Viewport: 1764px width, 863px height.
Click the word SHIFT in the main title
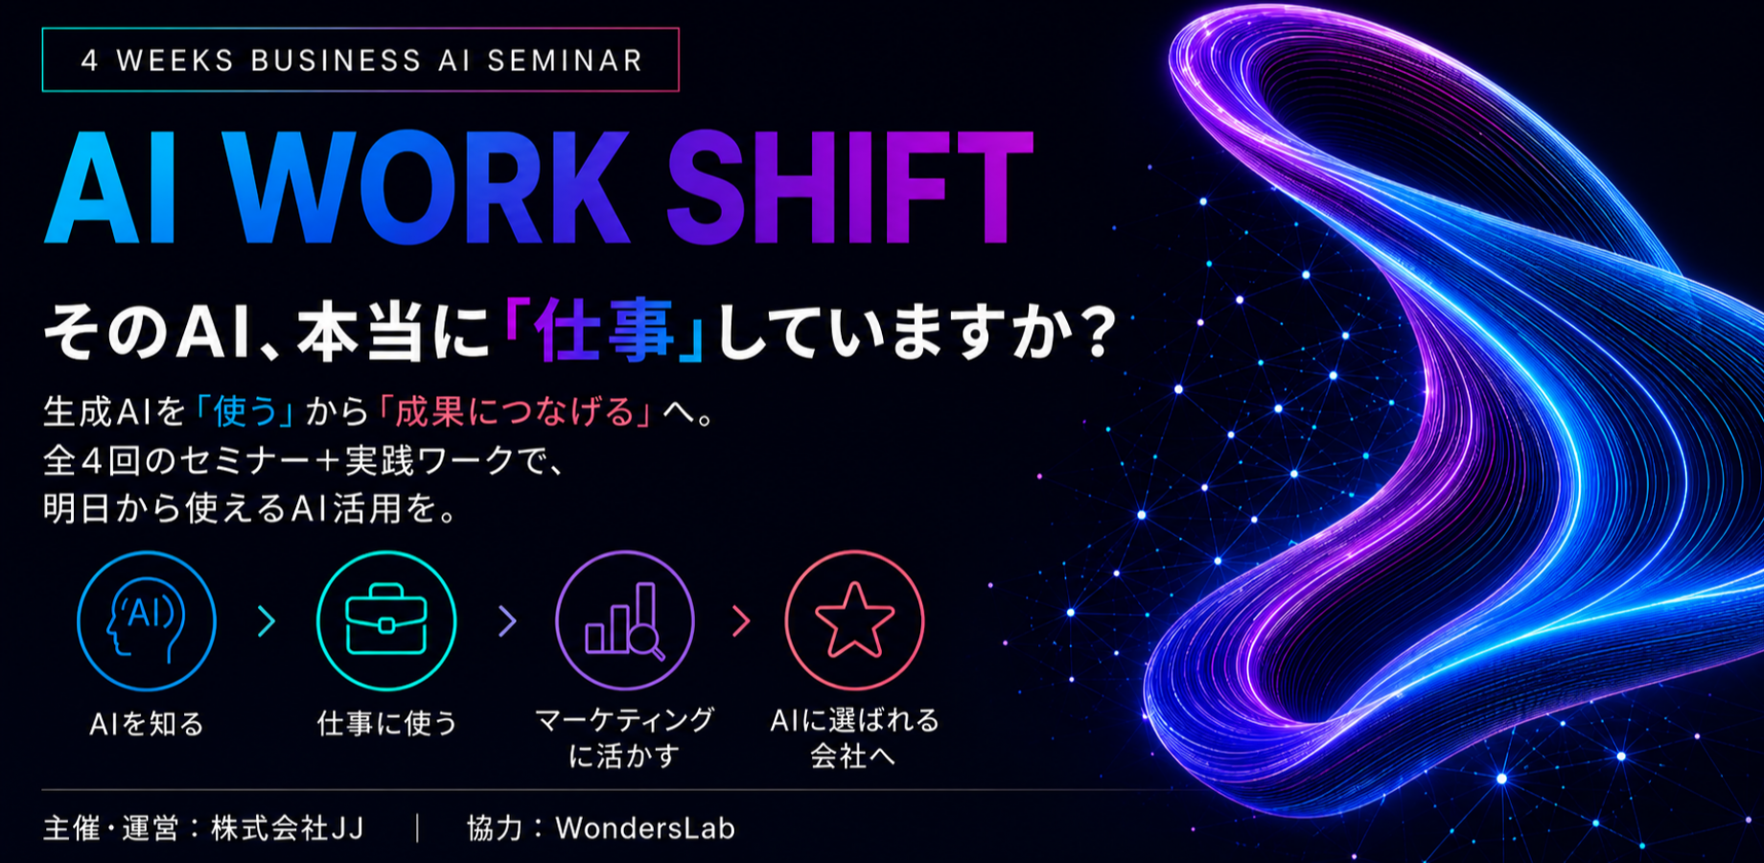coord(849,188)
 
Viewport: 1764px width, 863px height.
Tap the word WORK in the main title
coord(429,188)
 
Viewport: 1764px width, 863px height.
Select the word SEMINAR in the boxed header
coord(565,60)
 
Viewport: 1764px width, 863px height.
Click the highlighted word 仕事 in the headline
coord(605,331)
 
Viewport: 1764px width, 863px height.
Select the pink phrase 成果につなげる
coord(516,411)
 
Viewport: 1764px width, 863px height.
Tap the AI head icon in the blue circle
coord(146,621)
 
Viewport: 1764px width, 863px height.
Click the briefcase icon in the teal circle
coord(386,620)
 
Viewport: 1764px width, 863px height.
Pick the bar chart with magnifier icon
coord(625,620)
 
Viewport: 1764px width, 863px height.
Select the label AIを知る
coord(147,723)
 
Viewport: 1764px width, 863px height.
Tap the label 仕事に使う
coord(387,723)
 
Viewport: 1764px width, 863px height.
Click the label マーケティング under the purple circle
coord(624,720)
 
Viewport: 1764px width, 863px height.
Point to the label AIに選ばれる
coord(854,720)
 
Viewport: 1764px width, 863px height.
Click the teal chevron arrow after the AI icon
coord(267,621)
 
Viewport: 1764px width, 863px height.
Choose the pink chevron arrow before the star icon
coord(741,621)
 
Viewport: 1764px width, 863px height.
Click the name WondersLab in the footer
coord(645,828)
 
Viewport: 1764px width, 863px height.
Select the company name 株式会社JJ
coord(288,828)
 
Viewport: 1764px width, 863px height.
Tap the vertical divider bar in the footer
coord(418,828)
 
